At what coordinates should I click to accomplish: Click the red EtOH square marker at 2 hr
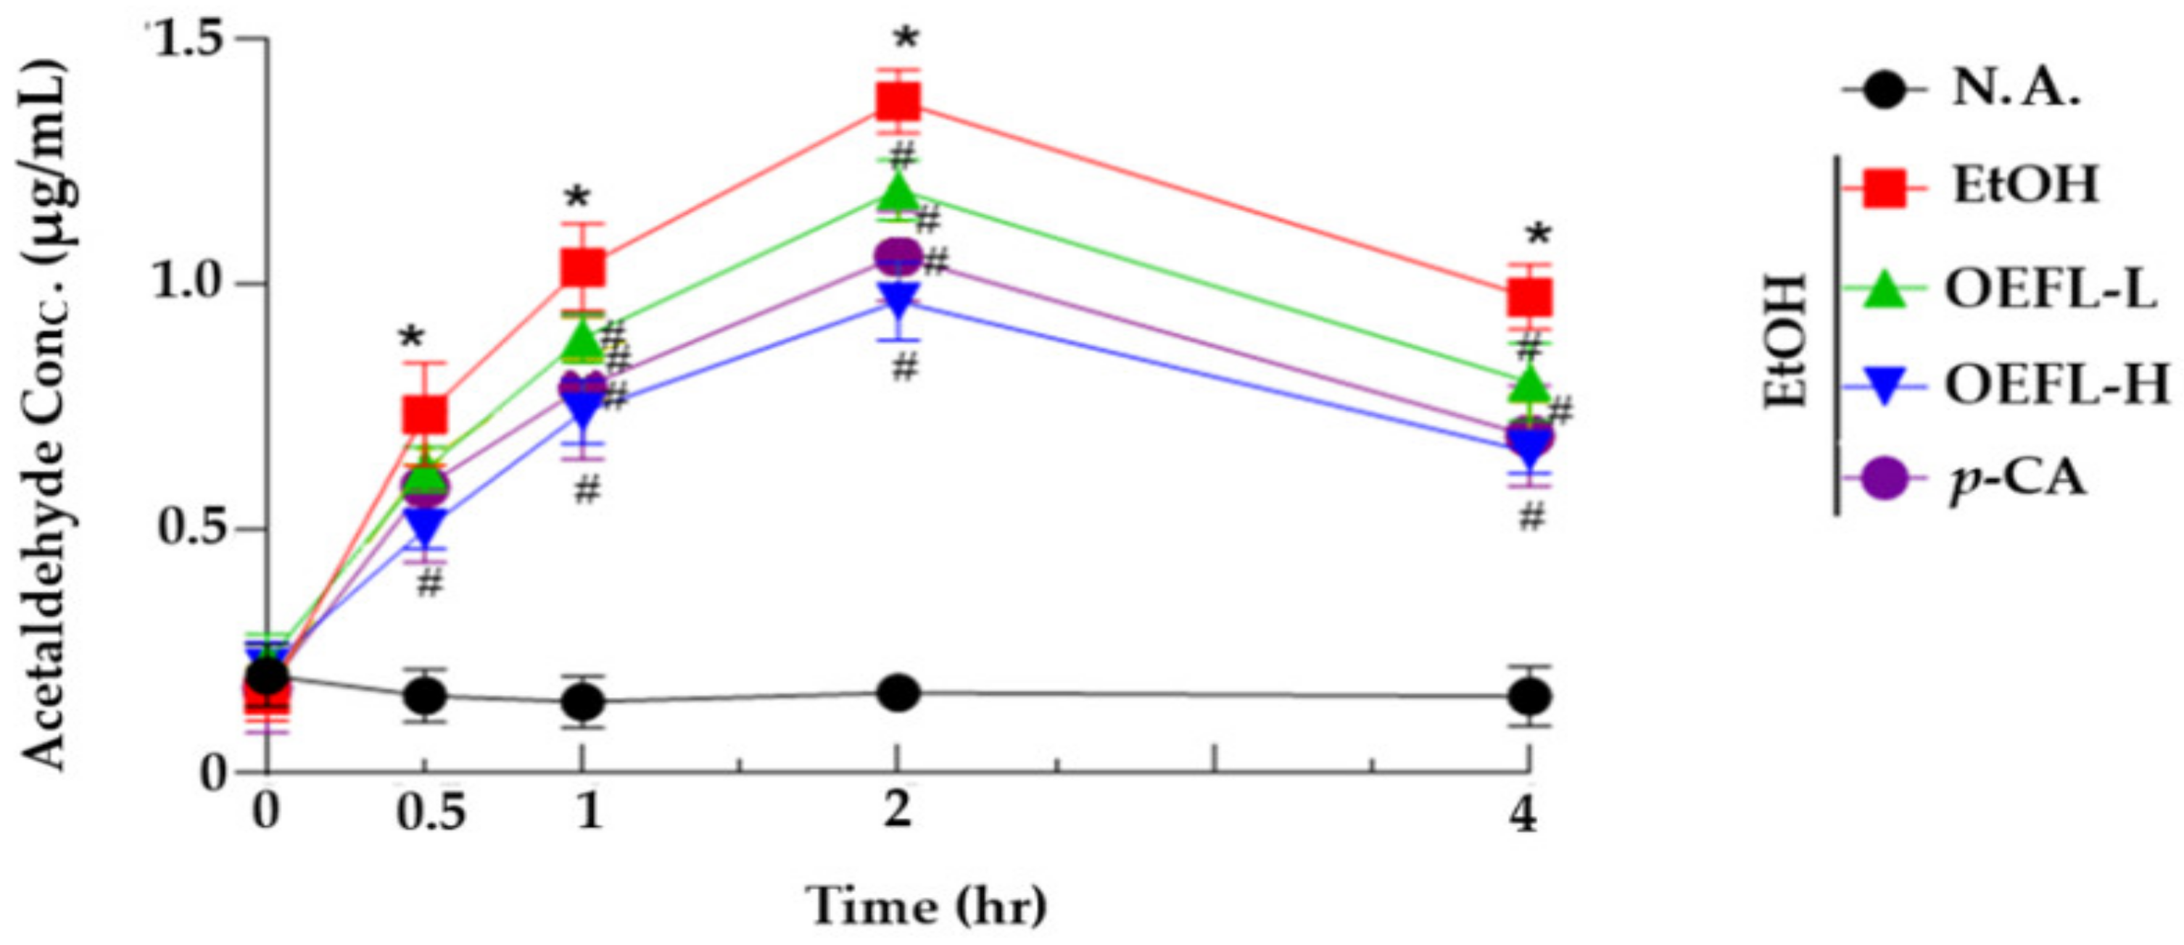[x=898, y=104]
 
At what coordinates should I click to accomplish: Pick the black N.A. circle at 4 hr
[x=1531, y=696]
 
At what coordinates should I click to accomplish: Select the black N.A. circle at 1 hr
[x=582, y=701]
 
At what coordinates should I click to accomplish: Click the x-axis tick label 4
[x=1525, y=816]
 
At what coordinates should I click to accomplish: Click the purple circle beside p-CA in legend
[x=1884, y=480]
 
